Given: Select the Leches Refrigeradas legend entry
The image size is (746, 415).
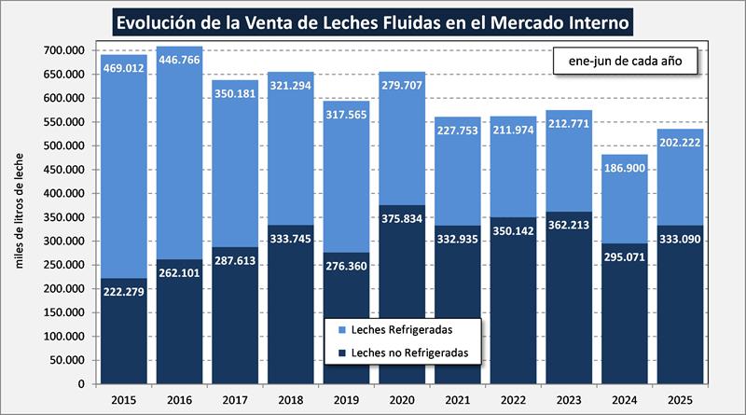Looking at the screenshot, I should click(x=405, y=330).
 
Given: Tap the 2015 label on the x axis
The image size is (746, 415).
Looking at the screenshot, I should click(x=123, y=400).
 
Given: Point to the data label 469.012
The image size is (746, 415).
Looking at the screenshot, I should click(x=124, y=68).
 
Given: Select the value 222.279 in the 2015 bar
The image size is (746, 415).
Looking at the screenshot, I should click(x=124, y=293).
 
